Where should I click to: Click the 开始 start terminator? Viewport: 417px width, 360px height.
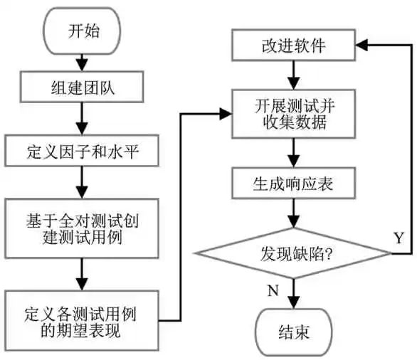[x=82, y=31]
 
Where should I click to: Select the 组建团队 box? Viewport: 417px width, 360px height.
[x=82, y=87]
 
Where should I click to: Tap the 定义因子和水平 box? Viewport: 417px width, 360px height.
[x=82, y=151]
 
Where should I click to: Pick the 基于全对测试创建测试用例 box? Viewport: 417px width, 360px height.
[x=82, y=228]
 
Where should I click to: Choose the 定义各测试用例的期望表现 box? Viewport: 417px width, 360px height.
[x=82, y=321]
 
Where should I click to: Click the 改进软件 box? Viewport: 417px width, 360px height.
[x=294, y=46]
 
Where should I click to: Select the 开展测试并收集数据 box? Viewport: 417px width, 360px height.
[x=294, y=114]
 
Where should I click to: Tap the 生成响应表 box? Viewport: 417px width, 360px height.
[x=294, y=183]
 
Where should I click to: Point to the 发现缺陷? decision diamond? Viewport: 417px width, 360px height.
[x=294, y=253]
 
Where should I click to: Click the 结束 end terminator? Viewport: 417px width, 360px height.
[x=294, y=332]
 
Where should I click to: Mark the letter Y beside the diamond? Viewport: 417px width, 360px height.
[x=399, y=238]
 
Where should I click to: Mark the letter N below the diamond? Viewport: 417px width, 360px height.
[x=273, y=290]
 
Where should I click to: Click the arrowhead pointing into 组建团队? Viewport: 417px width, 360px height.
[x=82, y=64]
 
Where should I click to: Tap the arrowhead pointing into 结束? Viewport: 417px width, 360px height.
[x=294, y=302]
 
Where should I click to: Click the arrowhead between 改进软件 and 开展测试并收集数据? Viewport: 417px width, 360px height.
[x=294, y=83]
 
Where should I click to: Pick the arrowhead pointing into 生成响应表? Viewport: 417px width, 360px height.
[x=294, y=160]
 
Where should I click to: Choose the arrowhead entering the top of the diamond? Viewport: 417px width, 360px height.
[x=294, y=221]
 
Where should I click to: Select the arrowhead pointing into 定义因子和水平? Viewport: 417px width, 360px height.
[x=82, y=127]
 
